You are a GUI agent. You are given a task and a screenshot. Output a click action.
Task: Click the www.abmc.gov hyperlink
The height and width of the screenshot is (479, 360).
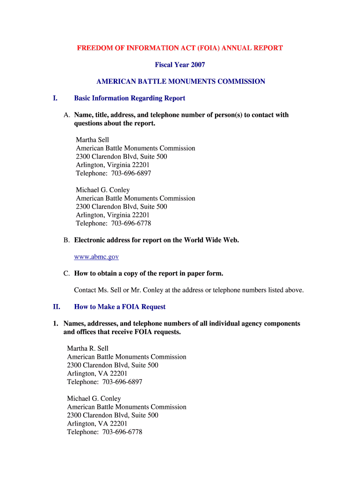[x=96, y=257]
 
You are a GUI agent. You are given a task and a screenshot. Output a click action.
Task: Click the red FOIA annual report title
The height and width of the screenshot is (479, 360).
[x=180, y=48]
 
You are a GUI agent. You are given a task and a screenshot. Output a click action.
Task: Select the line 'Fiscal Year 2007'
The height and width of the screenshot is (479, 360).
[x=180, y=65]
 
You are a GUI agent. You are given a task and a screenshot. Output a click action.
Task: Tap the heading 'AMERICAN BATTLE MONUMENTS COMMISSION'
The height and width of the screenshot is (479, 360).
[x=180, y=81]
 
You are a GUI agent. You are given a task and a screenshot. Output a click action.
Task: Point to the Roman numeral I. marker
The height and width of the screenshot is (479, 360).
[x=55, y=98]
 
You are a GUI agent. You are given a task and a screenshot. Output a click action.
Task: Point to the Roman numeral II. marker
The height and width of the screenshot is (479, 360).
[x=56, y=307]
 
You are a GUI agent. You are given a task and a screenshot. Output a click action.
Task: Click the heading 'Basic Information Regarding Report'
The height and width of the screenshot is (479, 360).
[x=130, y=98]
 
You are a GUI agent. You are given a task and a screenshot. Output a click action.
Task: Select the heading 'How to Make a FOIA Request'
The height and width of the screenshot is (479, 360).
[x=120, y=307]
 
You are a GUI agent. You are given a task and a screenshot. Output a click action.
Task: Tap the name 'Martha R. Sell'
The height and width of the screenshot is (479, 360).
[x=88, y=348]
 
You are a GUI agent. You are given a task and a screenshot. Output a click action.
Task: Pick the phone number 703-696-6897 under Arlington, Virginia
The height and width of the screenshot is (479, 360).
[x=131, y=174]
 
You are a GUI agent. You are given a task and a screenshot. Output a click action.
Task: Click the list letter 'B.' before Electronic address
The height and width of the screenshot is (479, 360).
[x=67, y=240]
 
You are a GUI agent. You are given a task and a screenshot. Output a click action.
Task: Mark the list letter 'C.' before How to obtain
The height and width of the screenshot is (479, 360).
[x=67, y=273]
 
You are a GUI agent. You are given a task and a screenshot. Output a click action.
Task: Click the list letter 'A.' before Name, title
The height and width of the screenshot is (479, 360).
[x=67, y=115]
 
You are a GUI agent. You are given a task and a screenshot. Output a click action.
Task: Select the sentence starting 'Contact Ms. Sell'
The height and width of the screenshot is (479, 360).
[x=189, y=290]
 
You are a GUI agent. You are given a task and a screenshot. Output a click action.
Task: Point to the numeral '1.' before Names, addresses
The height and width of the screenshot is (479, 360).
[x=55, y=324]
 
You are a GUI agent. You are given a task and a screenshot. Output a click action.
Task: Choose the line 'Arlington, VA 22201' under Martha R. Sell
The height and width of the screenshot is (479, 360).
[x=97, y=374]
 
